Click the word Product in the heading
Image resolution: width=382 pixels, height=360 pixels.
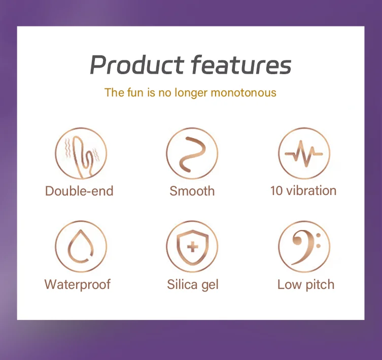click(136, 64)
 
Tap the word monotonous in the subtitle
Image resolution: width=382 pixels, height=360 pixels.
click(244, 93)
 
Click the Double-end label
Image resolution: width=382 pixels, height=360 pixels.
click(79, 191)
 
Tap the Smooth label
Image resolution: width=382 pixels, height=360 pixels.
click(192, 191)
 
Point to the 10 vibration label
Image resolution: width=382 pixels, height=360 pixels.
click(303, 190)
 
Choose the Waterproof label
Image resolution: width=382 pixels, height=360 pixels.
click(77, 284)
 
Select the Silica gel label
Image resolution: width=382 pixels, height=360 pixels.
click(192, 284)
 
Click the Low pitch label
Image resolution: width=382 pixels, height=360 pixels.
click(306, 284)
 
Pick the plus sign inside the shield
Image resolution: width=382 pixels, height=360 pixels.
click(193, 247)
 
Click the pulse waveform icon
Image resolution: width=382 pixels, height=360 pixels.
click(303, 154)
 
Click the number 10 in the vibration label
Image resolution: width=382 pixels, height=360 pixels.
click(276, 190)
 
